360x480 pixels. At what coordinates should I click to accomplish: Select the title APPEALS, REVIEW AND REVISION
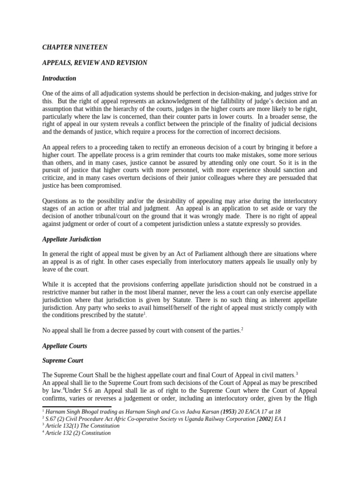(95, 63)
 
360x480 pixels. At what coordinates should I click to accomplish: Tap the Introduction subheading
(59, 78)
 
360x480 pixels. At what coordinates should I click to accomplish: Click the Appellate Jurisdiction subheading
(71, 239)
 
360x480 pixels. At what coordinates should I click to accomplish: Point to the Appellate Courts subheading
(65, 346)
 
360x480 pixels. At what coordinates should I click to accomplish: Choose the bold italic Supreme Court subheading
(63, 361)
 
